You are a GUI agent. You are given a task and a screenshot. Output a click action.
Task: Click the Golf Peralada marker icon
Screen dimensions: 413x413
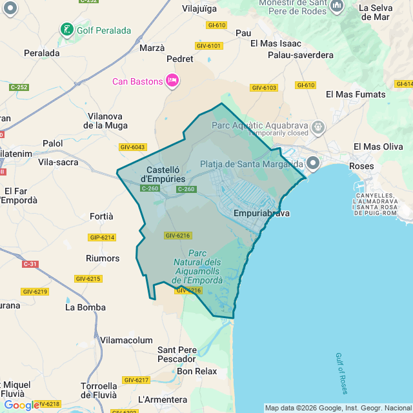[66, 30]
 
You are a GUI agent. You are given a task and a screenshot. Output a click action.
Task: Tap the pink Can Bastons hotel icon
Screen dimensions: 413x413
[172, 81]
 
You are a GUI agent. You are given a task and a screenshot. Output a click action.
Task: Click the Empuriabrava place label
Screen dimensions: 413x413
[261, 213]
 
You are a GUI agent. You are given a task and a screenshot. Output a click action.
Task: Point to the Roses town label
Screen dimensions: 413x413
[361, 166]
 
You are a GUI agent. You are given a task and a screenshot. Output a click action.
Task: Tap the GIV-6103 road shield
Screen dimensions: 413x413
[264, 87]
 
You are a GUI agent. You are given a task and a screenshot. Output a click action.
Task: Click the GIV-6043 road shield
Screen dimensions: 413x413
[133, 147]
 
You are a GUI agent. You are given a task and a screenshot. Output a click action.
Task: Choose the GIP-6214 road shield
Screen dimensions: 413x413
[102, 237]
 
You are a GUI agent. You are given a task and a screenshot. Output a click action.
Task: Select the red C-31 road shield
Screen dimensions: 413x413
[30, 264]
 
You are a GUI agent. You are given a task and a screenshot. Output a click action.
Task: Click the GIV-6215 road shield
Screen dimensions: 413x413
[88, 279]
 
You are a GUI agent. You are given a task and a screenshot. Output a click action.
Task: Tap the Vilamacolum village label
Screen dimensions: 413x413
[126, 340]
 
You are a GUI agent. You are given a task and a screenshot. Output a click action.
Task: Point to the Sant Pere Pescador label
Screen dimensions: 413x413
[177, 354]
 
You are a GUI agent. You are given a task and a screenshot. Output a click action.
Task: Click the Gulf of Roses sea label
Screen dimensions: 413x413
[341, 373]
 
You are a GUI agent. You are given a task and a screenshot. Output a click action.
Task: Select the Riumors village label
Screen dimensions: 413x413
[103, 258]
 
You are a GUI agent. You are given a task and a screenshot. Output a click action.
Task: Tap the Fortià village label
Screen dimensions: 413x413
[102, 216]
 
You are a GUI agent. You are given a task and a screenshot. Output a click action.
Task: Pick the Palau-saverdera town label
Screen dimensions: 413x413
[301, 55]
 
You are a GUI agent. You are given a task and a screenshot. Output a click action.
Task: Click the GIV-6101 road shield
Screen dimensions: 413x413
[208, 46]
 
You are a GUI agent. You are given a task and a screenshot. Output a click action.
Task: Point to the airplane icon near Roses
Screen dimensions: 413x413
[359, 187]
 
